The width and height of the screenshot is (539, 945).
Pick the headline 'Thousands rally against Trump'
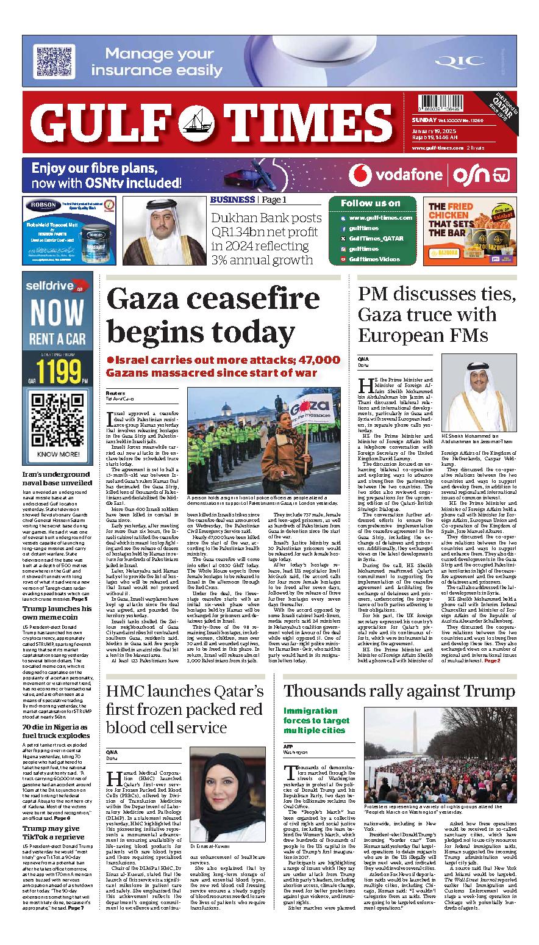coord(399,691)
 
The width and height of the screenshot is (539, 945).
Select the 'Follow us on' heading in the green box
coord(371,203)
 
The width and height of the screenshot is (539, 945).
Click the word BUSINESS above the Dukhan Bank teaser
coord(232,200)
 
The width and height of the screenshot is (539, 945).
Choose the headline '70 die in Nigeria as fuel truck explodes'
coord(55,731)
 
